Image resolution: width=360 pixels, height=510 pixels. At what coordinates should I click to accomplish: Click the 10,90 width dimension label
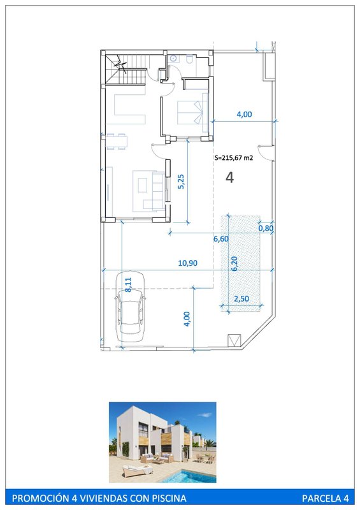point(187,263)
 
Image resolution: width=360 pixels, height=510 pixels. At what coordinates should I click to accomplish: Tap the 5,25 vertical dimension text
point(181,182)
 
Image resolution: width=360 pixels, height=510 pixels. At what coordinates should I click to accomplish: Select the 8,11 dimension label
point(128,284)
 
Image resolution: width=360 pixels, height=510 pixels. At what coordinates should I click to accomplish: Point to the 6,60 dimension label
point(221,238)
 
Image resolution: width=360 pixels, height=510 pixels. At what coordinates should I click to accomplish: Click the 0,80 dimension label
point(266,228)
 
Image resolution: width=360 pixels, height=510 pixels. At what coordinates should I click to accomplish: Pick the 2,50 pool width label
point(241,298)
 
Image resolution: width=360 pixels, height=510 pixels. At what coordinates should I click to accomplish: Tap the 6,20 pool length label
point(234,263)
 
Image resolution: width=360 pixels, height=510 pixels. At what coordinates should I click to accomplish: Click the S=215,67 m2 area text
point(234,158)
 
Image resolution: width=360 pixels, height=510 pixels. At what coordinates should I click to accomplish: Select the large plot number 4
point(229,178)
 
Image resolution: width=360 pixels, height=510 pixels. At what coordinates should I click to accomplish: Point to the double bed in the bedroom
point(192,113)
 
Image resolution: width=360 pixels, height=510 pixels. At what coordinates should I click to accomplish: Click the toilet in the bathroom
point(190,59)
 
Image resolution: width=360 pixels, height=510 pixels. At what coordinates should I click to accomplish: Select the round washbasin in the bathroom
point(173,59)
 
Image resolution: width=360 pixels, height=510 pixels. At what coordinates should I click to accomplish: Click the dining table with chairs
point(117,142)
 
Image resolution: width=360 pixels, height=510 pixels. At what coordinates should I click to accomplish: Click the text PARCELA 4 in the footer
point(325,499)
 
